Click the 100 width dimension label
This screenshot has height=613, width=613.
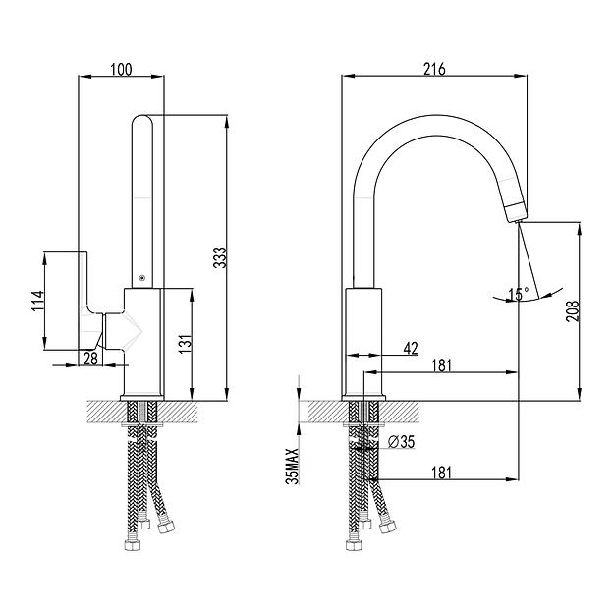pos(121,69)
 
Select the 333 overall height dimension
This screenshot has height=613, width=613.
pos(221,257)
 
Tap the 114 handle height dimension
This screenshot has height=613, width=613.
pos(36,300)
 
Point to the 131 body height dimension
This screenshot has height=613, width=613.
pos(184,343)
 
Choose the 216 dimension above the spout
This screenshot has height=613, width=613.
pos(434,69)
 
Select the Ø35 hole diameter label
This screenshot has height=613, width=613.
pos(401,442)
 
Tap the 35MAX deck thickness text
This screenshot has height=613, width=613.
pos(291,463)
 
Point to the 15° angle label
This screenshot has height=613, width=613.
pos(518,292)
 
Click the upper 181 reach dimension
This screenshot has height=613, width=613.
pos(442,365)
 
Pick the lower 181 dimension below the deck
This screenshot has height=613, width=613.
pos(442,473)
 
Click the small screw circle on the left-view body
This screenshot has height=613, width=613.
pos(143,279)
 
